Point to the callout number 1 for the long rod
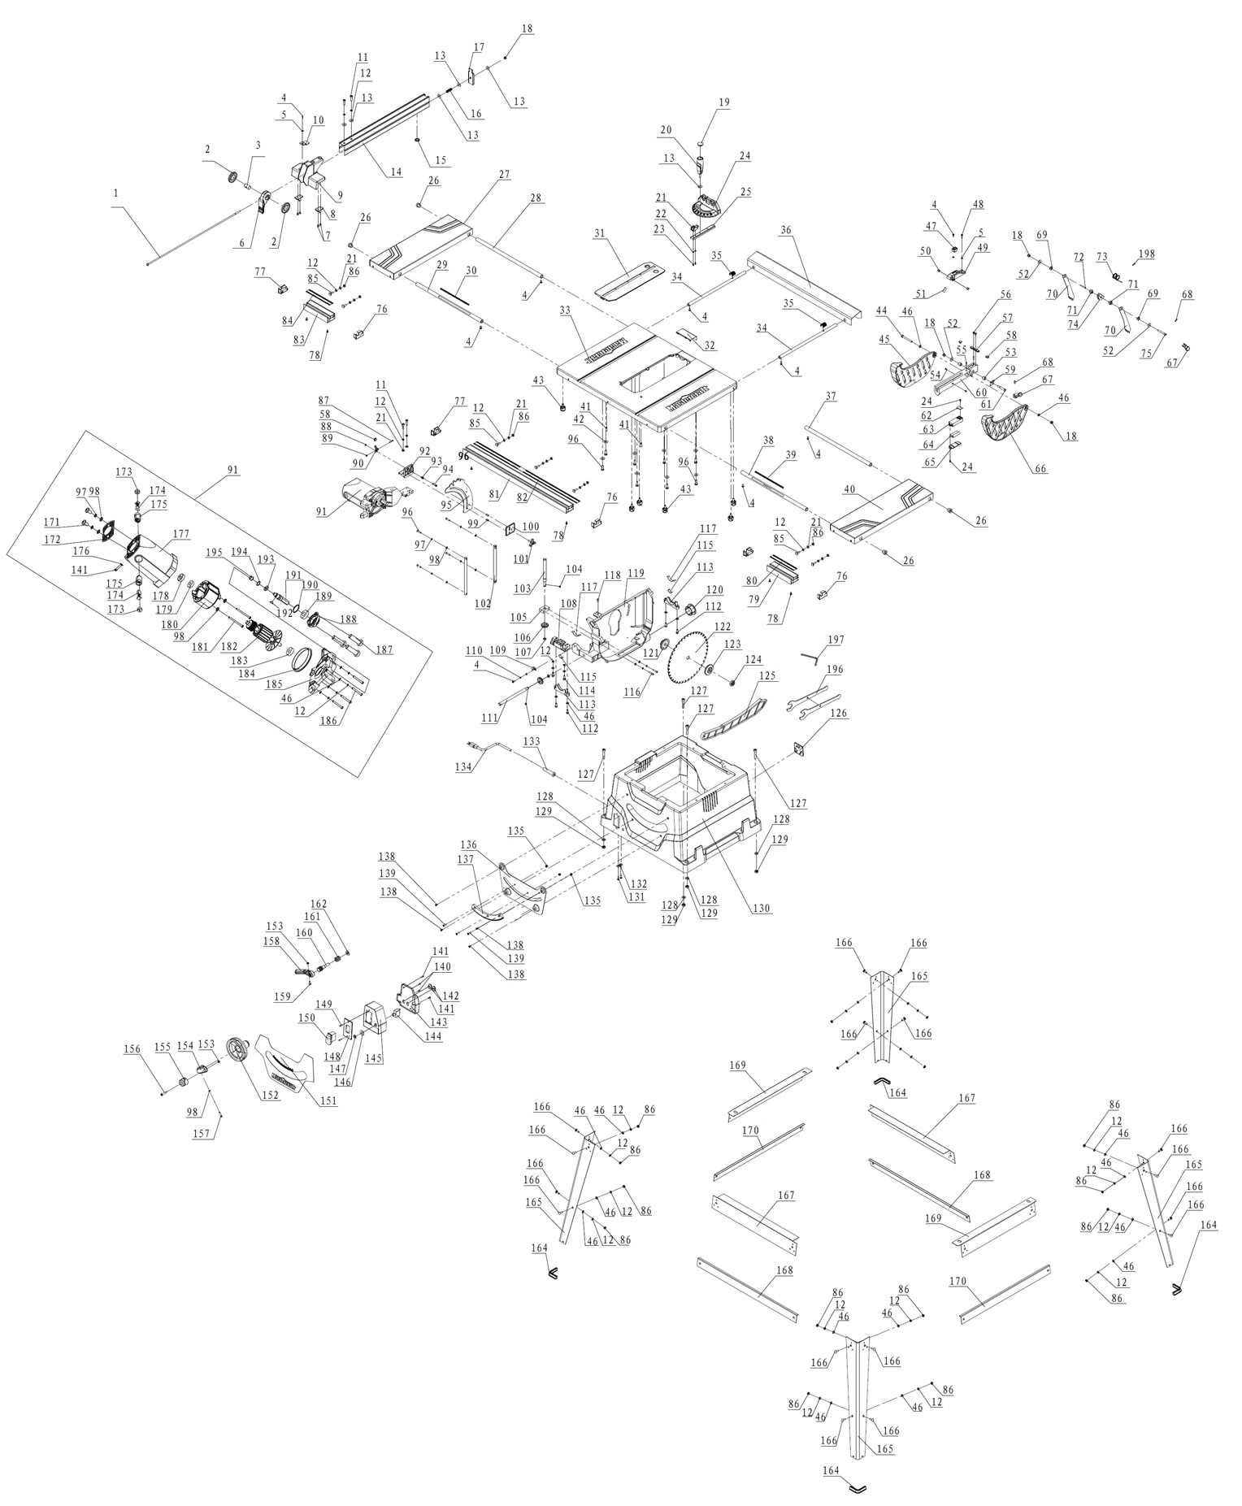(x=116, y=193)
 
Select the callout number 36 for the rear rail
(x=785, y=231)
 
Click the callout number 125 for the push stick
(x=768, y=675)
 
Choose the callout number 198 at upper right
(x=1145, y=254)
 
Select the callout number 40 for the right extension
(x=849, y=489)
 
